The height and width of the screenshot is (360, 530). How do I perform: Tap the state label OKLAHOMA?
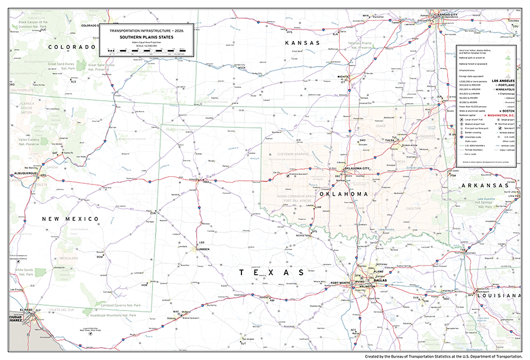coord(344,194)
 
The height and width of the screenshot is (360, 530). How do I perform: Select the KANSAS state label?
coord(302,44)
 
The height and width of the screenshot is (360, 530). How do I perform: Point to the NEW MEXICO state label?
coord(69,219)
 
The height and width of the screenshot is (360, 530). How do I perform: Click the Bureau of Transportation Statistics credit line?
coord(443,356)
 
